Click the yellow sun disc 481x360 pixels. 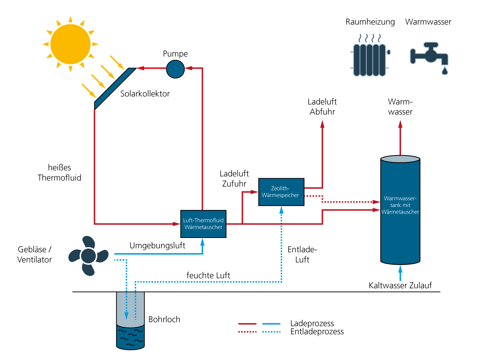[x=70, y=44]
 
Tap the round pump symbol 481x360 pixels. [x=175, y=69]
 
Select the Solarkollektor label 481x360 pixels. [x=145, y=94]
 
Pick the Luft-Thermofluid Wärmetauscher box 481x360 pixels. [x=203, y=224]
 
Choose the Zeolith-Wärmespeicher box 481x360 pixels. [x=281, y=192]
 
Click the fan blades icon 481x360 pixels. [x=88, y=256]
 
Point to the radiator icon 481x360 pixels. [x=370, y=59]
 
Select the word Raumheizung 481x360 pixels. [x=370, y=22]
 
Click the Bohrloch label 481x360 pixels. [x=164, y=319]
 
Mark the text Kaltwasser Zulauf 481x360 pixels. [x=400, y=285]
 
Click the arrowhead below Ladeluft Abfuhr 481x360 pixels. [x=322, y=124]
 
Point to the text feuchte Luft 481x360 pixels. [x=208, y=275]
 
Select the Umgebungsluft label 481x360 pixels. [x=157, y=246]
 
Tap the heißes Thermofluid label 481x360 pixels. [x=59, y=172]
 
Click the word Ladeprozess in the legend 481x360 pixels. [x=312, y=323]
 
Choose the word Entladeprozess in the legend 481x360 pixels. [x=317, y=332]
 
